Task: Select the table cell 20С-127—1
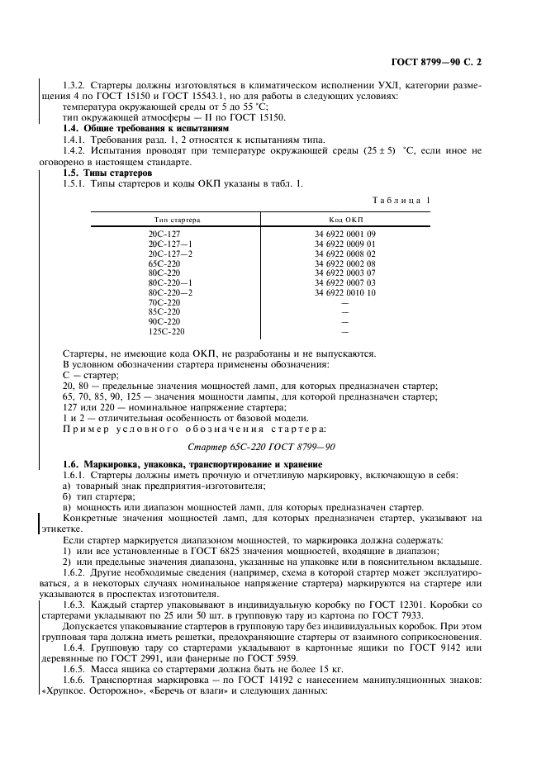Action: [169, 244]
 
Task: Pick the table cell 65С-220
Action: [164, 263]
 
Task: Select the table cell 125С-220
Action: [166, 331]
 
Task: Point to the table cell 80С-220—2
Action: [169, 292]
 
